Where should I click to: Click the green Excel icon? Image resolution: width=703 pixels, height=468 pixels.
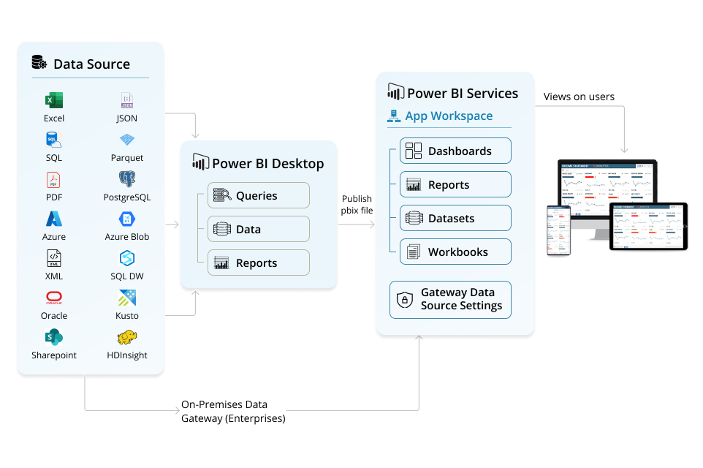click(53, 101)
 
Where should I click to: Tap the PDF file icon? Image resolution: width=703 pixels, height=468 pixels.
click(53, 180)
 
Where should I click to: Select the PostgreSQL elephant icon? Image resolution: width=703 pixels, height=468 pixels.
click(127, 179)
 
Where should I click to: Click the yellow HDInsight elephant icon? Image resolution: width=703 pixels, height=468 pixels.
click(127, 338)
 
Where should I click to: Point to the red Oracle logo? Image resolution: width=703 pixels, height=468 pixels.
click(53, 298)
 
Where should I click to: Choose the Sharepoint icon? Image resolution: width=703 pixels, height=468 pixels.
click(53, 338)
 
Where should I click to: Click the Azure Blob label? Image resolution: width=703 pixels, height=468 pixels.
click(127, 237)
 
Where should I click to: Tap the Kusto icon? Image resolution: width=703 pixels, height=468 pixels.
click(127, 298)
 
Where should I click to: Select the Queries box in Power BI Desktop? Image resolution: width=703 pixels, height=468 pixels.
click(259, 195)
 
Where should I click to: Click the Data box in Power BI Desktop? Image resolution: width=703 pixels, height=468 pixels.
click(259, 229)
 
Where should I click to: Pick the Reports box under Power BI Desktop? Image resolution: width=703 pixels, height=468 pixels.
click(259, 263)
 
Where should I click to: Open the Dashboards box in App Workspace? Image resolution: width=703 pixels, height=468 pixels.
click(455, 151)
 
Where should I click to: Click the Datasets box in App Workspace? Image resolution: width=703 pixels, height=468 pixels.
click(455, 219)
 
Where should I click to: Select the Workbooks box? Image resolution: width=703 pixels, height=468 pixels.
click(455, 252)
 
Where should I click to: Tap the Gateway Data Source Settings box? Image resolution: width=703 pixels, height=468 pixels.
click(450, 299)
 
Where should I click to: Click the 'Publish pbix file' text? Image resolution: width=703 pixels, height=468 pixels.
click(357, 204)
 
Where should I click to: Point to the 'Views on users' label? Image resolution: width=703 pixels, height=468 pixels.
click(579, 97)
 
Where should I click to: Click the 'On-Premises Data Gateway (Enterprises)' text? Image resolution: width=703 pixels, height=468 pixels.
click(233, 412)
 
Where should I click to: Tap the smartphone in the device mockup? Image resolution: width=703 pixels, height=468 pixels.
click(559, 230)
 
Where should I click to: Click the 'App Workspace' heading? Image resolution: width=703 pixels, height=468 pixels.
click(448, 116)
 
